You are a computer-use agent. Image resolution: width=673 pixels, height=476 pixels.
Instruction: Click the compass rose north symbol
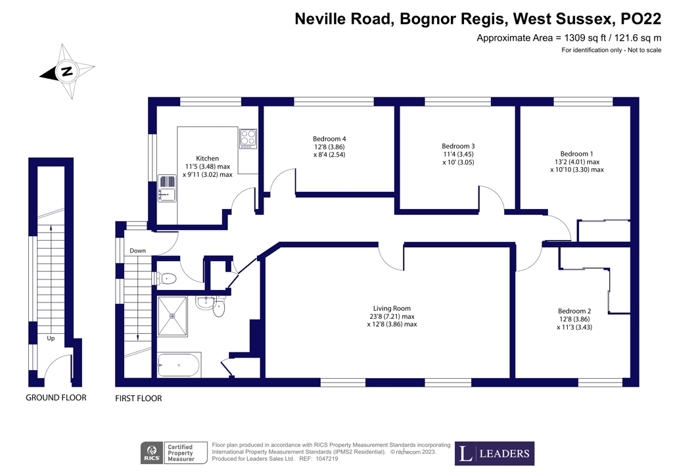(x=67, y=72)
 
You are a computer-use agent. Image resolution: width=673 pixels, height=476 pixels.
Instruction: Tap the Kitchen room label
(x=207, y=158)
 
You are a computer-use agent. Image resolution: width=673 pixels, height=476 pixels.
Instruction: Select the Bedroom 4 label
(x=329, y=139)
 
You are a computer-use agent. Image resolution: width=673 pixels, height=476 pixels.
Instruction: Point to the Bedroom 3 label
(x=458, y=146)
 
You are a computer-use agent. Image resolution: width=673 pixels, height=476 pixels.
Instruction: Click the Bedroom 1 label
(x=576, y=153)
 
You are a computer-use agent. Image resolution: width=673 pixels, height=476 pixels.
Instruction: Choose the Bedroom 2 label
(x=574, y=311)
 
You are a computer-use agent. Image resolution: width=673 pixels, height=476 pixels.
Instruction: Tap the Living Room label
(x=392, y=308)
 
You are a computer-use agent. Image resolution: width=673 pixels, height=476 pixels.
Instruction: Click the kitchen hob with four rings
(x=248, y=137)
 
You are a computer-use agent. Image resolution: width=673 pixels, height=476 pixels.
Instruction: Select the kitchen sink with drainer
(x=167, y=189)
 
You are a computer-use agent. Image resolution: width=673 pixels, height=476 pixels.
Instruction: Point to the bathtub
(x=179, y=365)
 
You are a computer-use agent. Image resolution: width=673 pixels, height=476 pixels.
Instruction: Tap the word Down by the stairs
(x=137, y=250)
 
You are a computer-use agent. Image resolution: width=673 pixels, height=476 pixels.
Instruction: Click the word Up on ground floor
(x=51, y=339)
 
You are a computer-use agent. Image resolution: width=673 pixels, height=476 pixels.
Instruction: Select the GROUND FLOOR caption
(x=56, y=398)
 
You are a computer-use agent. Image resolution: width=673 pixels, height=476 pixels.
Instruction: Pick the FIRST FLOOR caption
(x=138, y=398)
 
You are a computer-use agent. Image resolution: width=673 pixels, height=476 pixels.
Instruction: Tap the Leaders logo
(x=495, y=453)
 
